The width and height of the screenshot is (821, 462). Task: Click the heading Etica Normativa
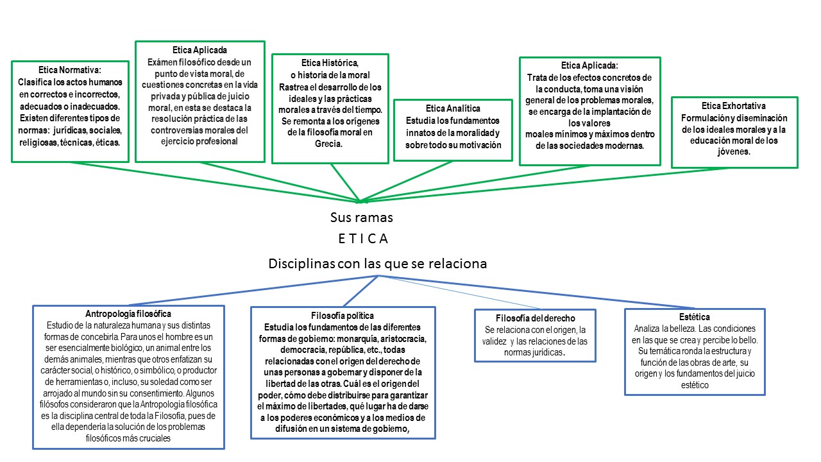click(70, 70)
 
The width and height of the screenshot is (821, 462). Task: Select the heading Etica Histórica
click(330, 63)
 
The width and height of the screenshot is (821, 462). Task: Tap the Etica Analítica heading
click(453, 108)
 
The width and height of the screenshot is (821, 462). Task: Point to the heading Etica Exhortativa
click(734, 106)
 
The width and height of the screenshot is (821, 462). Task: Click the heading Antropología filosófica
click(128, 314)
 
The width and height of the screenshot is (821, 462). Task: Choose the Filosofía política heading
click(343, 316)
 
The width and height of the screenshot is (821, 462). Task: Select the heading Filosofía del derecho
click(536, 318)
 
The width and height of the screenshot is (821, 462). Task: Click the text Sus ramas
click(361, 218)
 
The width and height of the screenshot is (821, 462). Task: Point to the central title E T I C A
click(364, 239)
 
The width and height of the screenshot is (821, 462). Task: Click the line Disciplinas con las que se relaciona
click(378, 264)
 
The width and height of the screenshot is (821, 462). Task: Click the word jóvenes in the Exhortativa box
click(734, 153)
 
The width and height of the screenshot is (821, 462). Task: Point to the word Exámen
click(162, 62)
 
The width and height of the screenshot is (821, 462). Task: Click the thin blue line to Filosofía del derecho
click(462, 293)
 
